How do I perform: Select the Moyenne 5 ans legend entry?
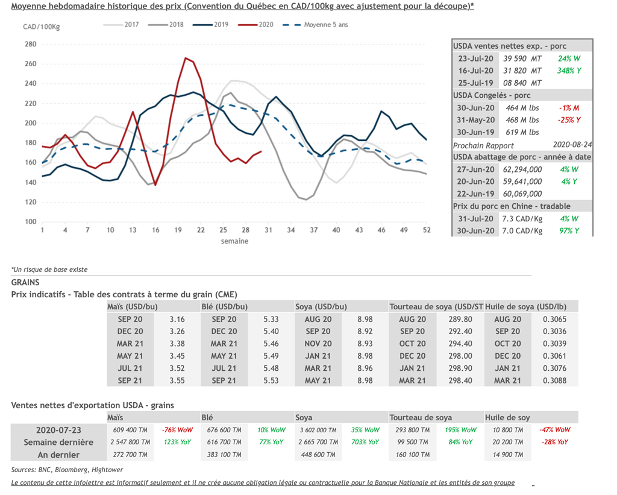[325, 25]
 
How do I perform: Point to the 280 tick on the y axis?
[30, 44]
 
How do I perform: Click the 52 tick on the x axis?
[426, 230]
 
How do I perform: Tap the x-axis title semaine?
[234, 241]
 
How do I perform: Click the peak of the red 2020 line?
[186, 58]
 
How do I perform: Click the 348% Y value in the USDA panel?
[569, 71]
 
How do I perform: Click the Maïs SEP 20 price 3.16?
[177, 319]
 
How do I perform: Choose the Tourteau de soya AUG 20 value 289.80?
[460, 319]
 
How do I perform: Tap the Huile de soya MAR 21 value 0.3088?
[555, 380]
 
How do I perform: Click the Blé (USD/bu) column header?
[225, 307]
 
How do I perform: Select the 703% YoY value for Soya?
[365, 442]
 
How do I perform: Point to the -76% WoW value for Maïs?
[177, 430]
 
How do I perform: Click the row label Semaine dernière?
[58, 442]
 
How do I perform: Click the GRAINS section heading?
[25, 282]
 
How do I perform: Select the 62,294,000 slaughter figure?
[522, 169]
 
